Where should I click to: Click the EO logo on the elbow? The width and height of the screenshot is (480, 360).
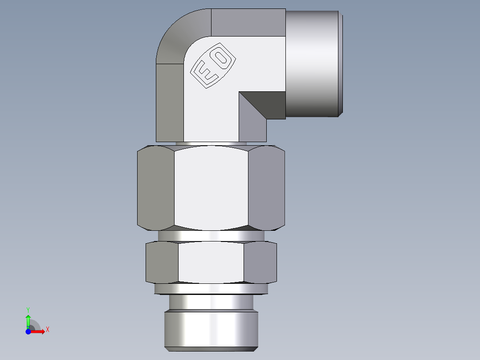pos(213,66)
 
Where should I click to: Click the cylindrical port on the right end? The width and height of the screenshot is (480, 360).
pos(313,64)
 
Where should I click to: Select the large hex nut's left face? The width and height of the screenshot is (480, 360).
pos(155,187)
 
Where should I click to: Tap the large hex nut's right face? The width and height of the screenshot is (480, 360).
pos(266,187)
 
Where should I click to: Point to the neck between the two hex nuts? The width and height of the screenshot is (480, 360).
pos(211,236)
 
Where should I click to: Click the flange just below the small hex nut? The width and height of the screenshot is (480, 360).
pos(211,289)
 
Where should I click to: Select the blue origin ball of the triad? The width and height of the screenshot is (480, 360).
pos(28,332)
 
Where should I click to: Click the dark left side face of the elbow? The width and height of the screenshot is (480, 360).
pos(170,102)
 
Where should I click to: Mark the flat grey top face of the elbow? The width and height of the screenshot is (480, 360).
pos(248,22)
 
